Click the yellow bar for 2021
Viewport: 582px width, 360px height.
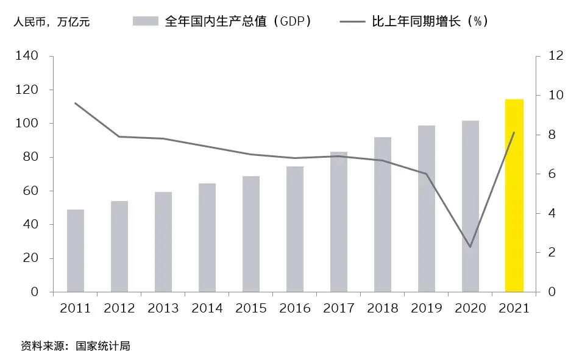(x=514, y=195)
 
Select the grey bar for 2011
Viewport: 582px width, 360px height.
(x=76, y=250)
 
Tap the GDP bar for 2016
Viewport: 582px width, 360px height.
(x=295, y=229)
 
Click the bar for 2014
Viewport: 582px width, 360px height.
(x=207, y=238)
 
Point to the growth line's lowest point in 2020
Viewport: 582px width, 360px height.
(x=470, y=247)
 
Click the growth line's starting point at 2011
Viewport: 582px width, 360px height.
(x=76, y=103)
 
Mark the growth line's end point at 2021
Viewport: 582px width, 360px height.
(x=514, y=132)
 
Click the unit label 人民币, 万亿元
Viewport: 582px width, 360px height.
(x=52, y=22)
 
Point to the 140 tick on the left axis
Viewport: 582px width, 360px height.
(x=29, y=56)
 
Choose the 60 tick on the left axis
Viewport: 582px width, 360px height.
(x=32, y=191)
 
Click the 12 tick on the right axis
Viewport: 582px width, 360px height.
(x=555, y=56)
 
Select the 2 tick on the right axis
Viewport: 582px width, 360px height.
(x=552, y=252)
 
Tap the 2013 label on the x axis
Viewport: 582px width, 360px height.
(x=163, y=308)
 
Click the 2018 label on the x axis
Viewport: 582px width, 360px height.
(x=383, y=308)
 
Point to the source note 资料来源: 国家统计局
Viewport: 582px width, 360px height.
(x=76, y=346)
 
